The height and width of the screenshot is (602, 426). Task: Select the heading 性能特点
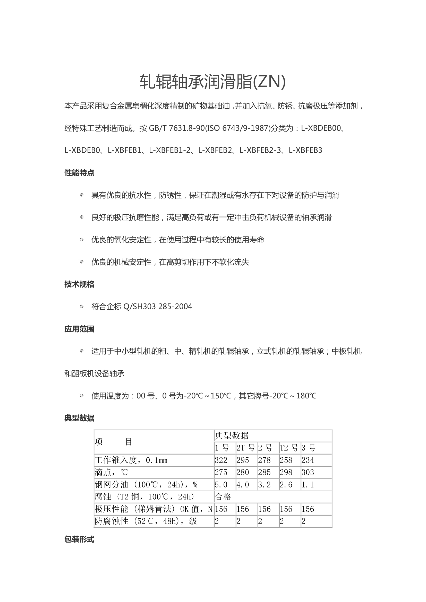[x=79, y=173]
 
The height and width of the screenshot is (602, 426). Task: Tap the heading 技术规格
[x=79, y=284]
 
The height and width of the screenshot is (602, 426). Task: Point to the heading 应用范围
[x=79, y=329]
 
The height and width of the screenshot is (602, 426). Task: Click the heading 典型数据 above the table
[x=79, y=418]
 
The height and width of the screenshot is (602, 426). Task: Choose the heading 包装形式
[x=79, y=540]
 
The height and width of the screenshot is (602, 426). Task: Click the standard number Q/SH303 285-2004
[x=158, y=307]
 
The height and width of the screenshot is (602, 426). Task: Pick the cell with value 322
[x=221, y=460]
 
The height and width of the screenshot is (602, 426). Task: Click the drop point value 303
[x=308, y=472]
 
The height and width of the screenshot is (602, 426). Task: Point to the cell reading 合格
[x=223, y=496]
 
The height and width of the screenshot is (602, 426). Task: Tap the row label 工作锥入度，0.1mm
[x=131, y=460]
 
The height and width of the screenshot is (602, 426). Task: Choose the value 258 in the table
[x=286, y=460]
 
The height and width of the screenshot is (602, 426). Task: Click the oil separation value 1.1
[x=308, y=485]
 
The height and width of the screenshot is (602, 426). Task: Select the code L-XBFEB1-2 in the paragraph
[x=170, y=150]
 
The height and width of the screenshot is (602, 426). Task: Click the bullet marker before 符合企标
[x=82, y=307]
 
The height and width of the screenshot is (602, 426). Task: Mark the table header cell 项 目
[x=113, y=442]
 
